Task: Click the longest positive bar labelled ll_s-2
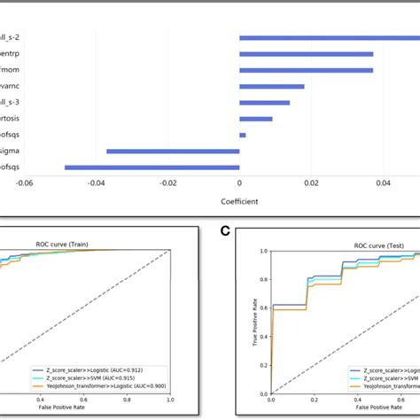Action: click(x=328, y=36)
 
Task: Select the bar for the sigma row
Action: click(x=173, y=151)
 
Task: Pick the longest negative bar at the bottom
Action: click(x=152, y=167)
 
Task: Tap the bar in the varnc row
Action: click(x=272, y=86)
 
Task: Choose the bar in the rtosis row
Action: click(x=256, y=119)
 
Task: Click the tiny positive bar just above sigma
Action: click(x=243, y=135)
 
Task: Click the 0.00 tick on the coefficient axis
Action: click(x=239, y=183)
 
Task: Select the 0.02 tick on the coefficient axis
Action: click(x=311, y=183)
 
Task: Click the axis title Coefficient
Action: click(x=239, y=201)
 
